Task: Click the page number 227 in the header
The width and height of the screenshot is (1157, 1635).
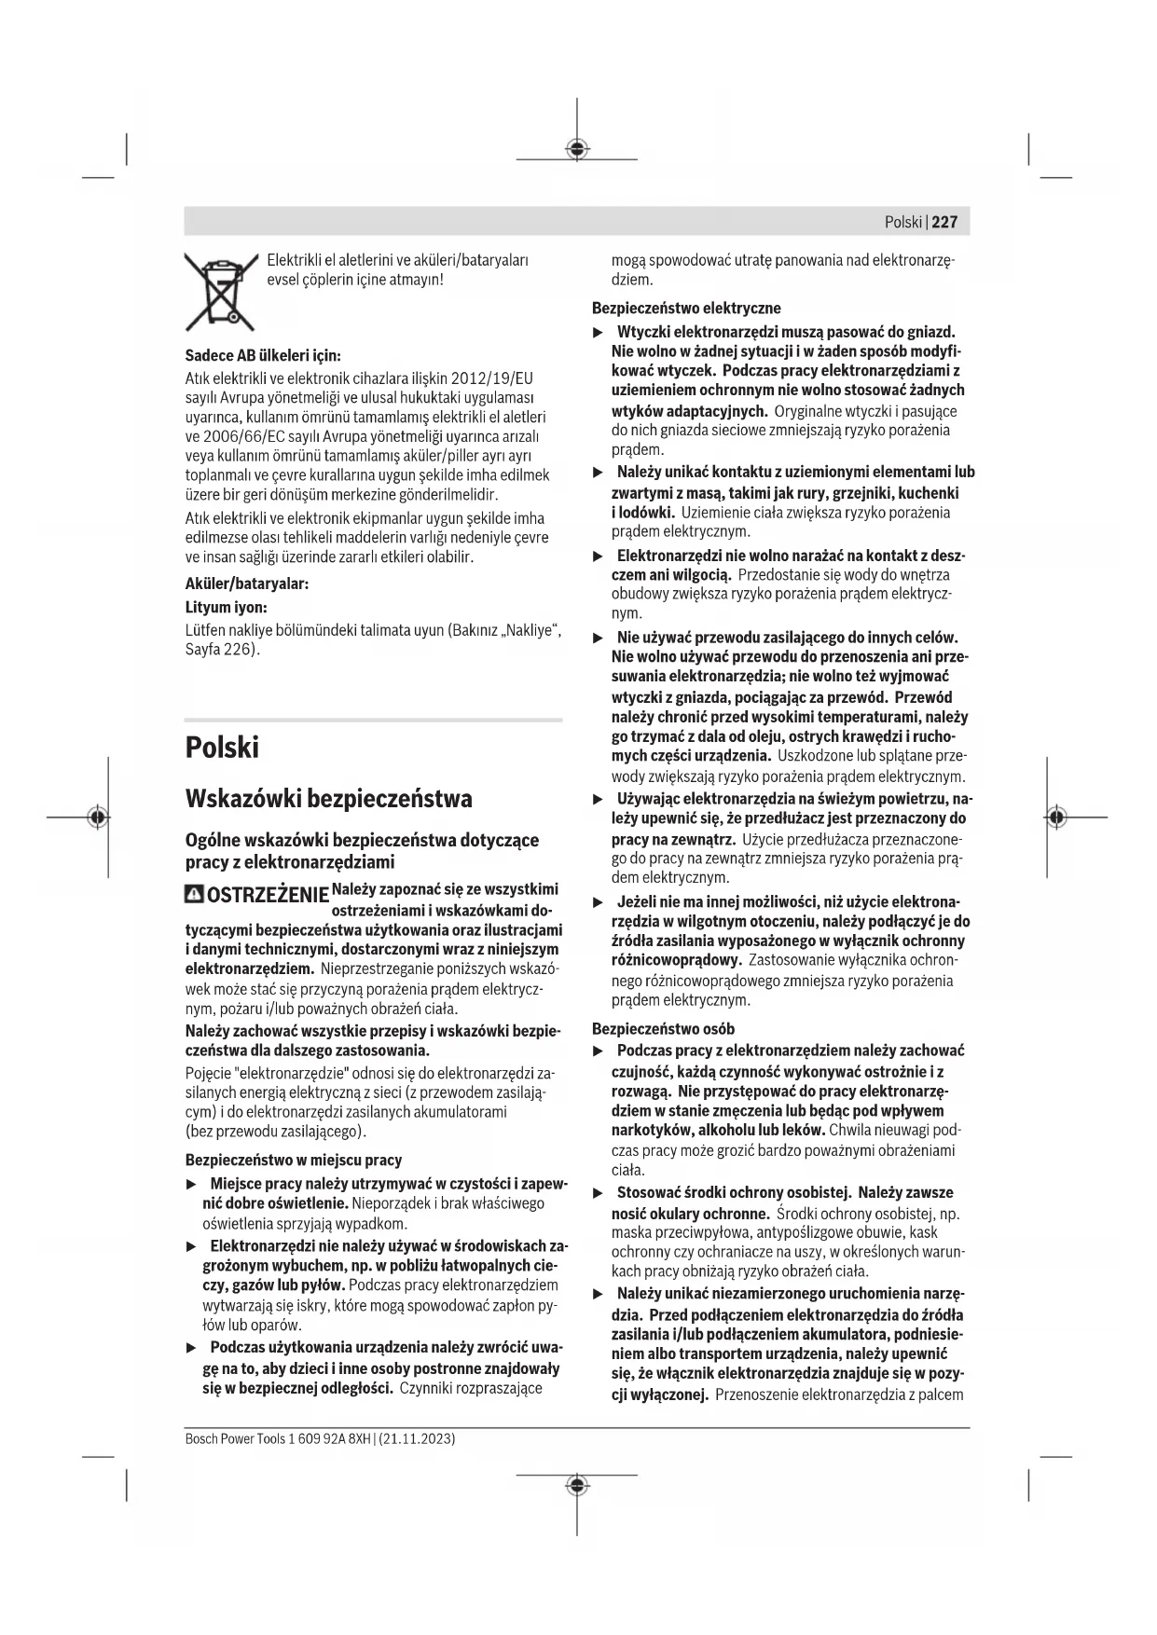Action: pos(944,222)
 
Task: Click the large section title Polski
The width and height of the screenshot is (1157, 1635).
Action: pos(222,748)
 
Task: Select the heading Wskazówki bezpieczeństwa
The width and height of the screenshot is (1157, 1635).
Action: pos(329,799)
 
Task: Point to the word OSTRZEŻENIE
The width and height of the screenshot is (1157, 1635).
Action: pos(268,897)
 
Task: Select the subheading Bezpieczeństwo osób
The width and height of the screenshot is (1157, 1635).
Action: pos(664,1029)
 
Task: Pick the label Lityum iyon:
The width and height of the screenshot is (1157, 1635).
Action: pos(227,607)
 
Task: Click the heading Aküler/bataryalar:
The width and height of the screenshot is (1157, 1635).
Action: pos(247,584)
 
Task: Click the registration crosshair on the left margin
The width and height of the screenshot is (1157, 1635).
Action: pos(96,817)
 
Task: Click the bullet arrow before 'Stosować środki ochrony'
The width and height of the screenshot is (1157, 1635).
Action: pos(599,1193)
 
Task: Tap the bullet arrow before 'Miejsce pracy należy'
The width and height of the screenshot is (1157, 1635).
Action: pos(192,1184)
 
